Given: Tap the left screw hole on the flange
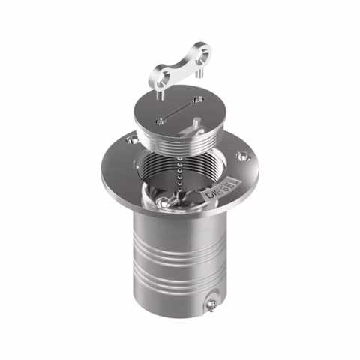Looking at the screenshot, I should click(133, 139).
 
